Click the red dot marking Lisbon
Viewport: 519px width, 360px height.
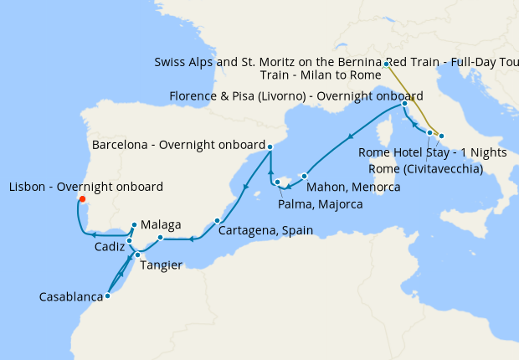(x=81, y=198)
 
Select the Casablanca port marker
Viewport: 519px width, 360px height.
(x=108, y=296)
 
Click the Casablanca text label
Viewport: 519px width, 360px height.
(x=71, y=297)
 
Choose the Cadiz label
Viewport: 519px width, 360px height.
(x=109, y=248)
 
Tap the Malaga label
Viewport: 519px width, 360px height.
(x=162, y=224)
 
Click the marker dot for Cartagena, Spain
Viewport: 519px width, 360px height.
(x=217, y=221)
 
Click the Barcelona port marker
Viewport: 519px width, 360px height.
(x=270, y=147)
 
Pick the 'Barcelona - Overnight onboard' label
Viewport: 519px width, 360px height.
(x=178, y=143)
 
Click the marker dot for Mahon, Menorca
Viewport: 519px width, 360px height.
(x=305, y=176)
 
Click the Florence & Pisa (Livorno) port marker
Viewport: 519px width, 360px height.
(x=404, y=104)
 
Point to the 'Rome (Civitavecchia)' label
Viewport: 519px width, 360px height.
(x=426, y=168)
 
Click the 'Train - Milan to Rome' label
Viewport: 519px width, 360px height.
(x=321, y=75)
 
